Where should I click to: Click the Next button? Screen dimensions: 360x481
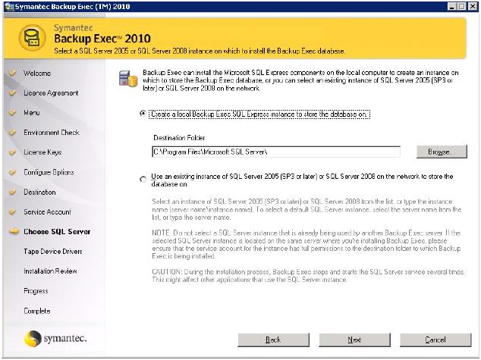(x=354, y=340)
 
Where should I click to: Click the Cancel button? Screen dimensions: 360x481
(x=435, y=340)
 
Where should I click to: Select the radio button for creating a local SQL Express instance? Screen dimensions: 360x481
(x=143, y=114)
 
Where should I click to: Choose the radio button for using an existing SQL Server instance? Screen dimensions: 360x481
(x=143, y=180)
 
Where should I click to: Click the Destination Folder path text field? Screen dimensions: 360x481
(x=275, y=152)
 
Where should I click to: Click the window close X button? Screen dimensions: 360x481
(x=473, y=6)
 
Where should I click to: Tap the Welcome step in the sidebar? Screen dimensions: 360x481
(x=37, y=74)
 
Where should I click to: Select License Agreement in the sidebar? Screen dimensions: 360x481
(x=51, y=93)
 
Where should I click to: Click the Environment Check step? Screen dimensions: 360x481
(x=51, y=133)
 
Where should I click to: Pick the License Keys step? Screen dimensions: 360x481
(x=42, y=152)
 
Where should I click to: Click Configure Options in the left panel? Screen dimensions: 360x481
(x=49, y=172)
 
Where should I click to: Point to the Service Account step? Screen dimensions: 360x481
(x=47, y=212)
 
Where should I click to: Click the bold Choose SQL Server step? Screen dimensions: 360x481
(x=57, y=232)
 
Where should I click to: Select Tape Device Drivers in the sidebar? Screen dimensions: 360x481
(x=53, y=252)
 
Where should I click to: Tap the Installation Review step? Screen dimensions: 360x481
(x=50, y=271)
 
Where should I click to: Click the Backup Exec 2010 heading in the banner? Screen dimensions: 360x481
(x=102, y=39)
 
